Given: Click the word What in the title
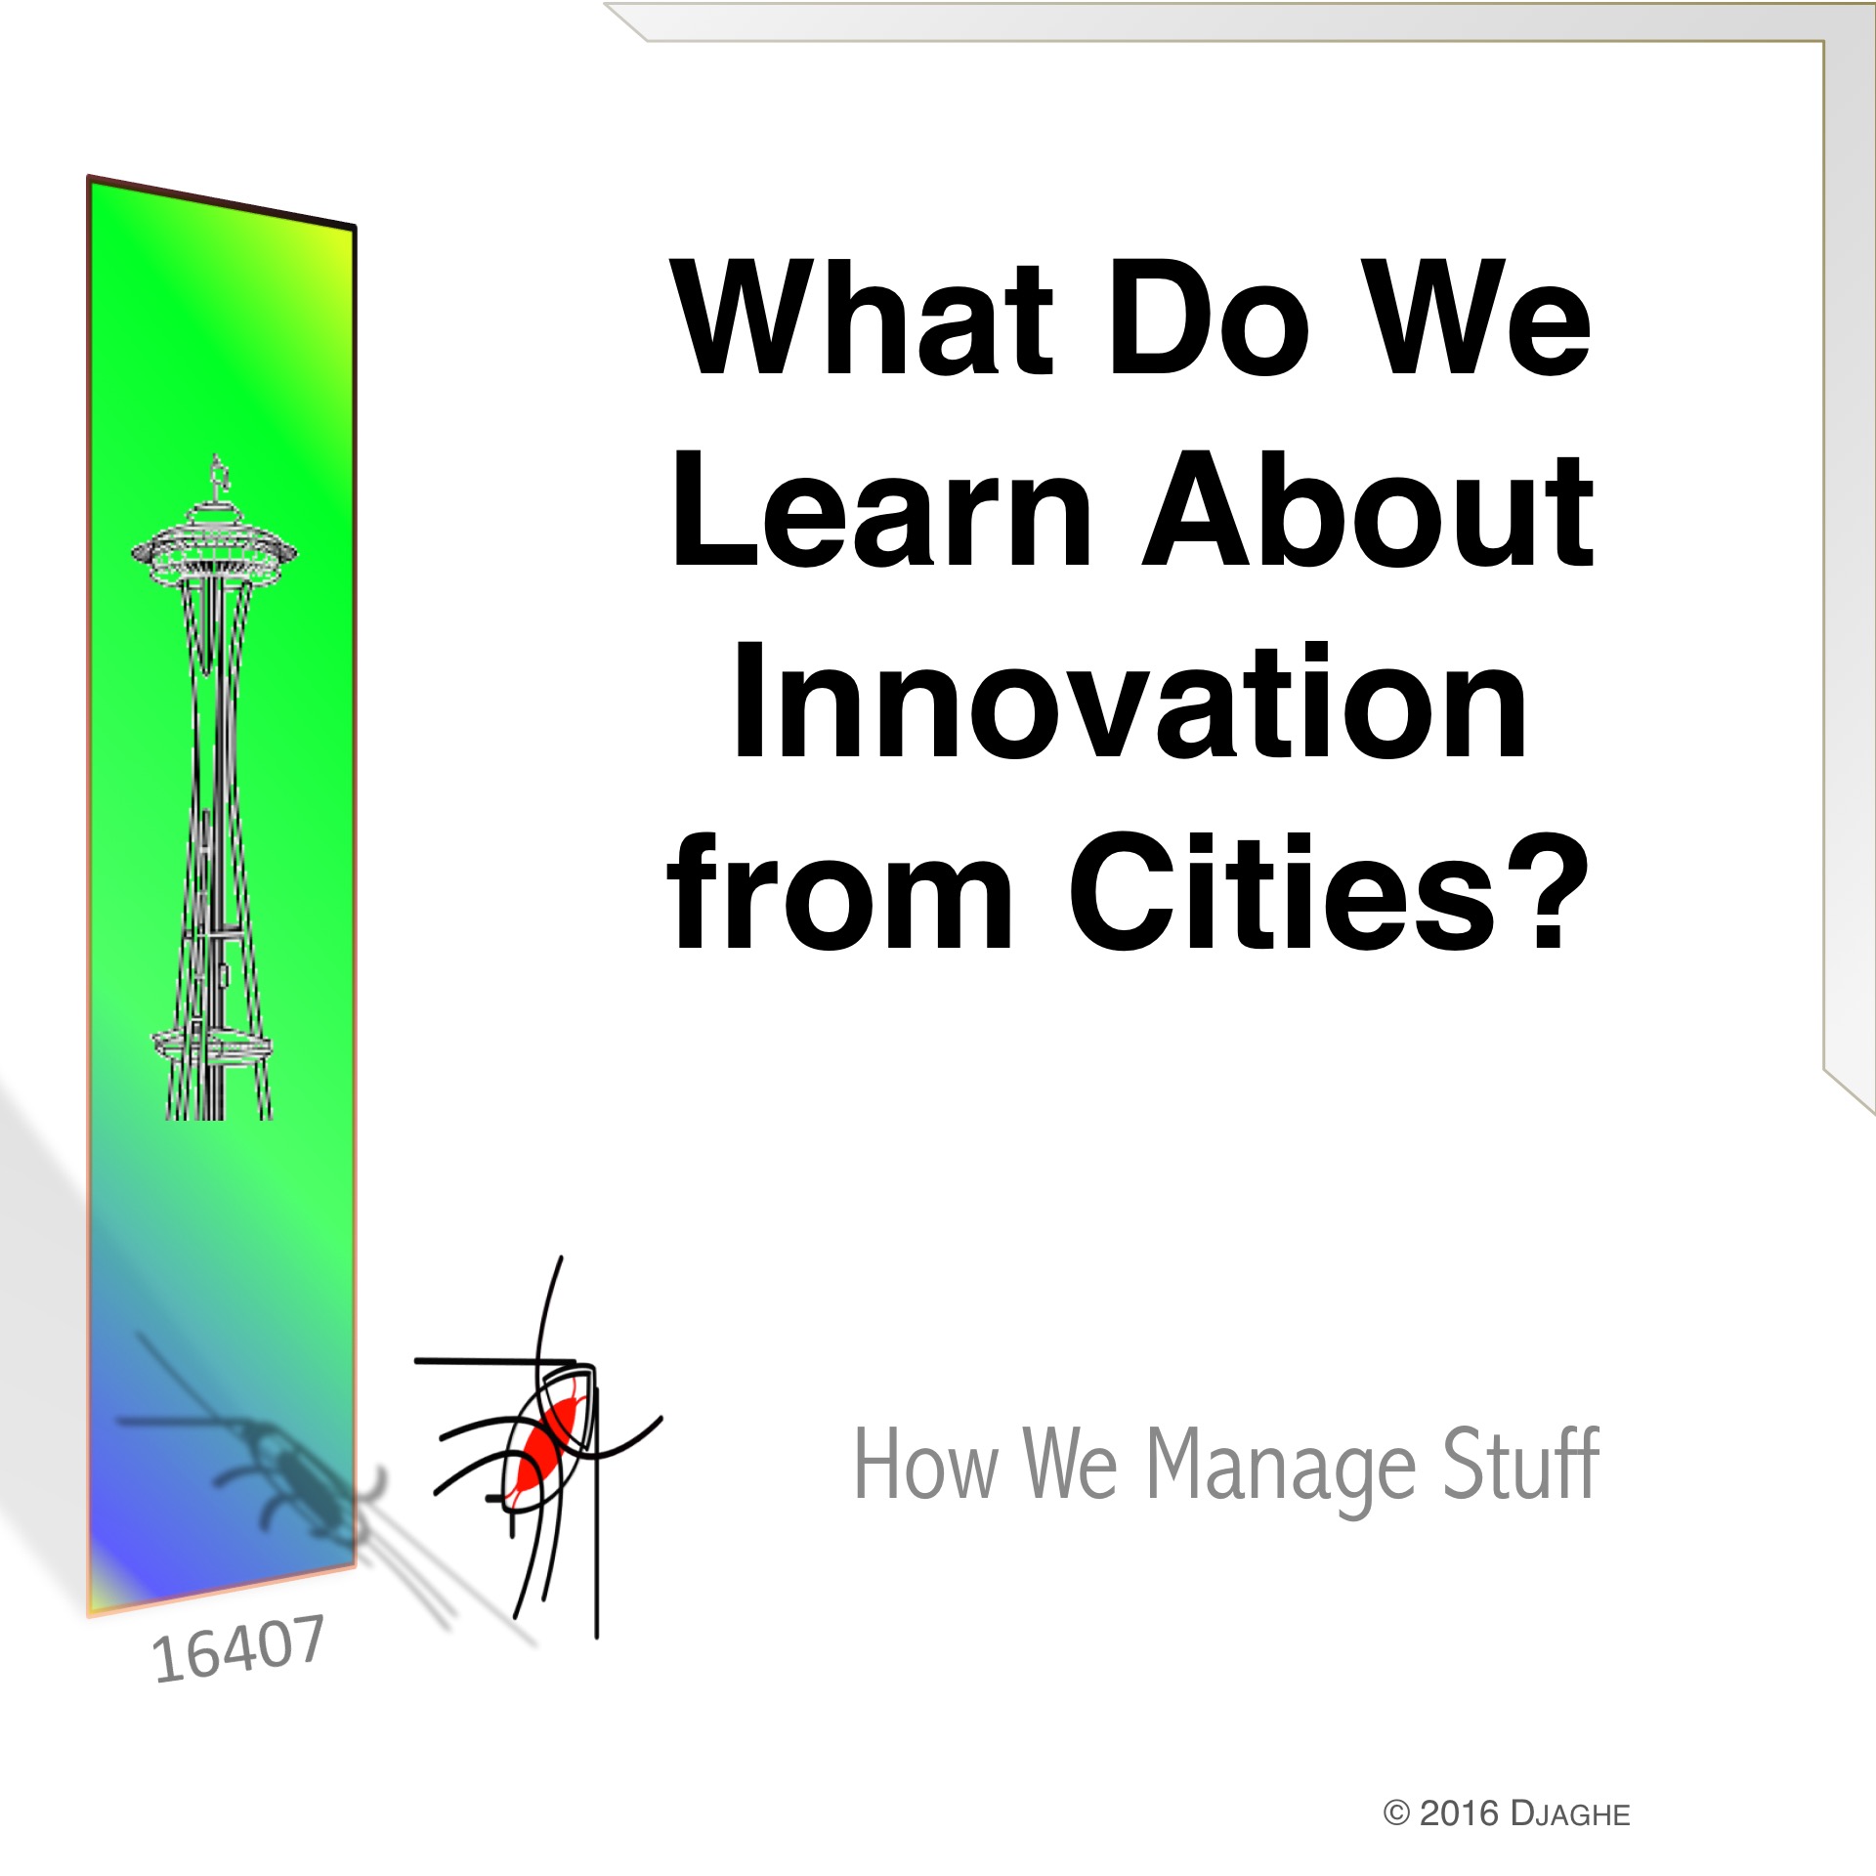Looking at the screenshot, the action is click(x=863, y=318).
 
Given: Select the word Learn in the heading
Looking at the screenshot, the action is click(x=880, y=509).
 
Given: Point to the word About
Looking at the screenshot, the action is click(x=1369, y=509).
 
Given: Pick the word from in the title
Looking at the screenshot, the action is click(x=839, y=890).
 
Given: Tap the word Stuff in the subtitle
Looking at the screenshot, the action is click(x=1521, y=1463).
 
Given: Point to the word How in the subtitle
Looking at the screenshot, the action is click(x=926, y=1464).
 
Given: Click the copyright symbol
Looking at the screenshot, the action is click(x=1397, y=1813).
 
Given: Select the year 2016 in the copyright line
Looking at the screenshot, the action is click(x=1459, y=1813).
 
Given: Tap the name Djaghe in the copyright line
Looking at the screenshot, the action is click(x=1570, y=1813).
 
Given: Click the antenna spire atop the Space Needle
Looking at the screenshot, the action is click(x=219, y=479).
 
